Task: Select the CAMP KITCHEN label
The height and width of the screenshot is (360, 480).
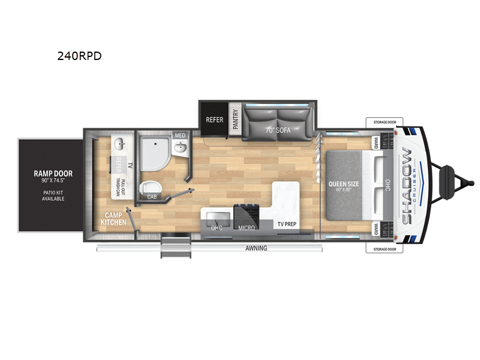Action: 113,218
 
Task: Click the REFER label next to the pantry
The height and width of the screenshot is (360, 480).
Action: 215,120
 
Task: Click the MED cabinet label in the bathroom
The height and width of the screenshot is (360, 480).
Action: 180,136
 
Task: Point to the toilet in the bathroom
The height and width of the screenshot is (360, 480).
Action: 149,188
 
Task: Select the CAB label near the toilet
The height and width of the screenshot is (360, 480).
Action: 152,196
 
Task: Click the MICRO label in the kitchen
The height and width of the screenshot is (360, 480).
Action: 246,228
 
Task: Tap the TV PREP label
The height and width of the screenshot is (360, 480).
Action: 286,224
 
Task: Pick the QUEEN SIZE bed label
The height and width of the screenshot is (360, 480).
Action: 343,185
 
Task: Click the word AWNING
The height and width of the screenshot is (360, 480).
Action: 256,248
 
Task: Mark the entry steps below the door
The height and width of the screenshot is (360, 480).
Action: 175,247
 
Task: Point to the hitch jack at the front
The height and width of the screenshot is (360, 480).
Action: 447,176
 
